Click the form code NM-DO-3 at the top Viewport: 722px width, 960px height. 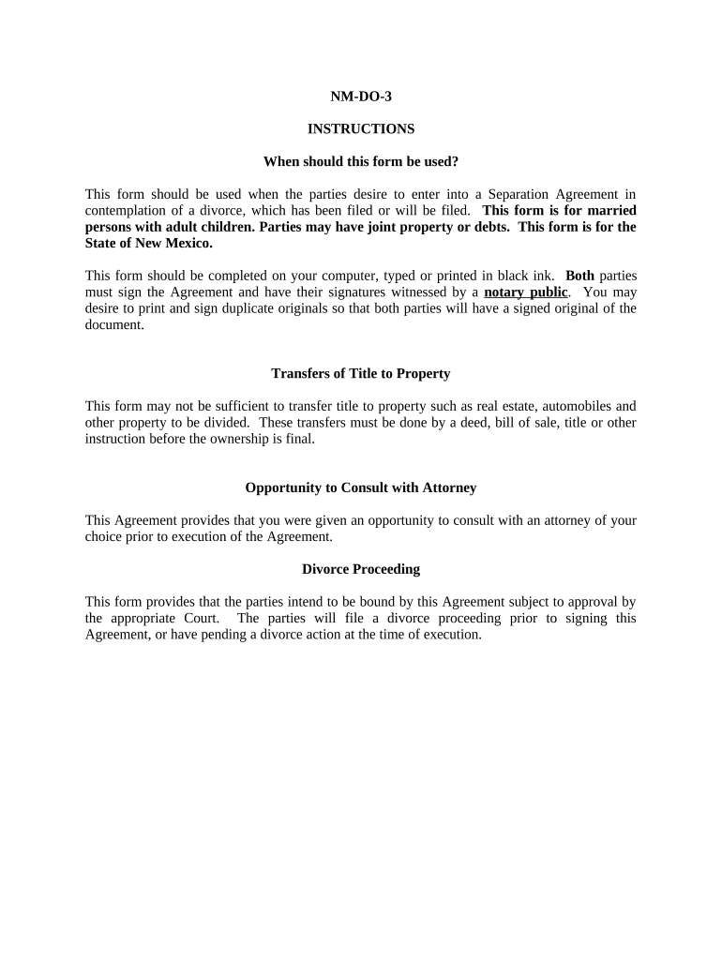[x=360, y=97]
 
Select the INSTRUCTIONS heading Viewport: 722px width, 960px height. [x=360, y=129]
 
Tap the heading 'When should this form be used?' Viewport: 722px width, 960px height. [x=360, y=161]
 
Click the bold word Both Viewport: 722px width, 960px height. [x=579, y=276]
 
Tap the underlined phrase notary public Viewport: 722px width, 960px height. [x=525, y=292]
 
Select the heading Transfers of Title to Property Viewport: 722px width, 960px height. [x=360, y=373]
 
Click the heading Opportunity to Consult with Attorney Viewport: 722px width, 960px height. [x=360, y=487]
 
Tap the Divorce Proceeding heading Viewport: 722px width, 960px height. [x=360, y=569]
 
